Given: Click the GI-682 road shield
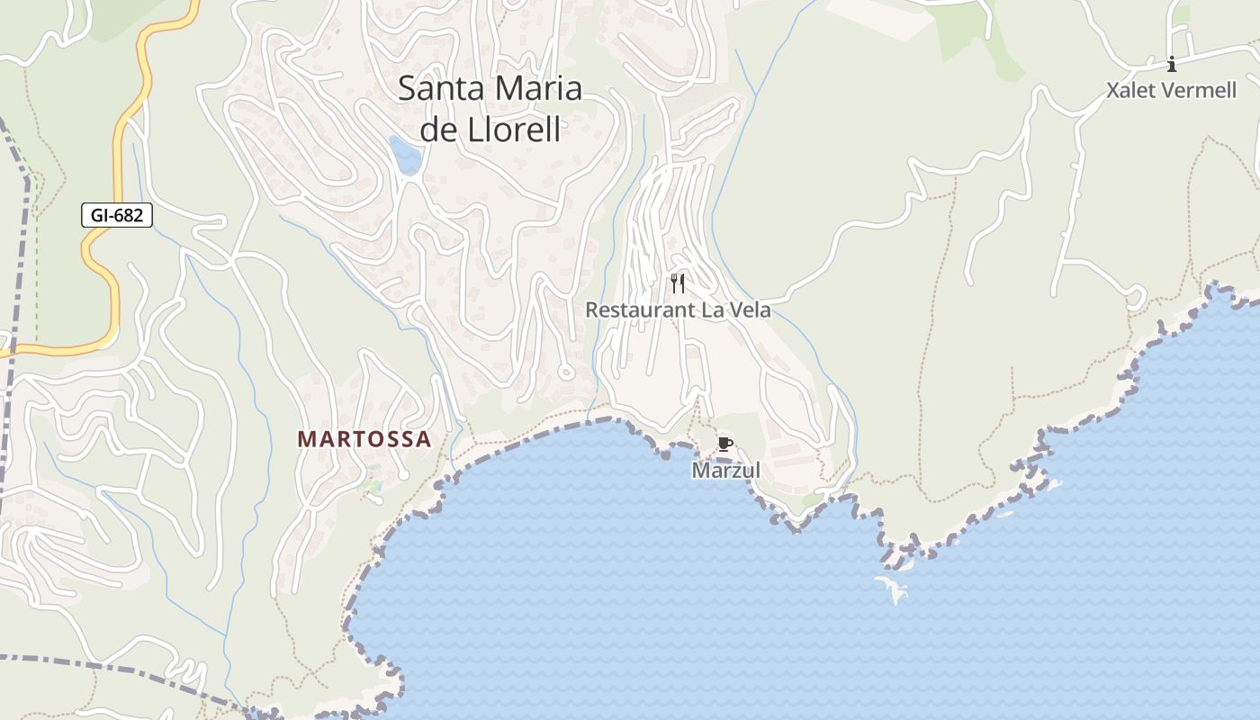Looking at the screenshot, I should pyautogui.click(x=117, y=216).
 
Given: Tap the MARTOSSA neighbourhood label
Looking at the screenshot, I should pyautogui.click(x=364, y=439).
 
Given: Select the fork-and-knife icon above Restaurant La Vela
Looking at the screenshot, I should pyautogui.click(x=678, y=283).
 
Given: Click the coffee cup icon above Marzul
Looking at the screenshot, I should pyautogui.click(x=724, y=444).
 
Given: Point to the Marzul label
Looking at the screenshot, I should pyautogui.click(x=725, y=470).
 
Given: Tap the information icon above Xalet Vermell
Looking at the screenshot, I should pyautogui.click(x=1171, y=64).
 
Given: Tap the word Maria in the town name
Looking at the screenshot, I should pyautogui.click(x=536, y=89).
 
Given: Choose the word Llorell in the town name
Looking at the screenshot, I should pyautogui.click(x=516, y=130).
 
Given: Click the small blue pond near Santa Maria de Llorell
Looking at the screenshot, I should pyautogui.click(x=405, y=155).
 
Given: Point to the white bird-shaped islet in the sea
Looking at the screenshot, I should pyautogui.click(x=893, y=589).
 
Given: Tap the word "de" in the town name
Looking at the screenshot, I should pyautogui.click(x=441, y=130).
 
